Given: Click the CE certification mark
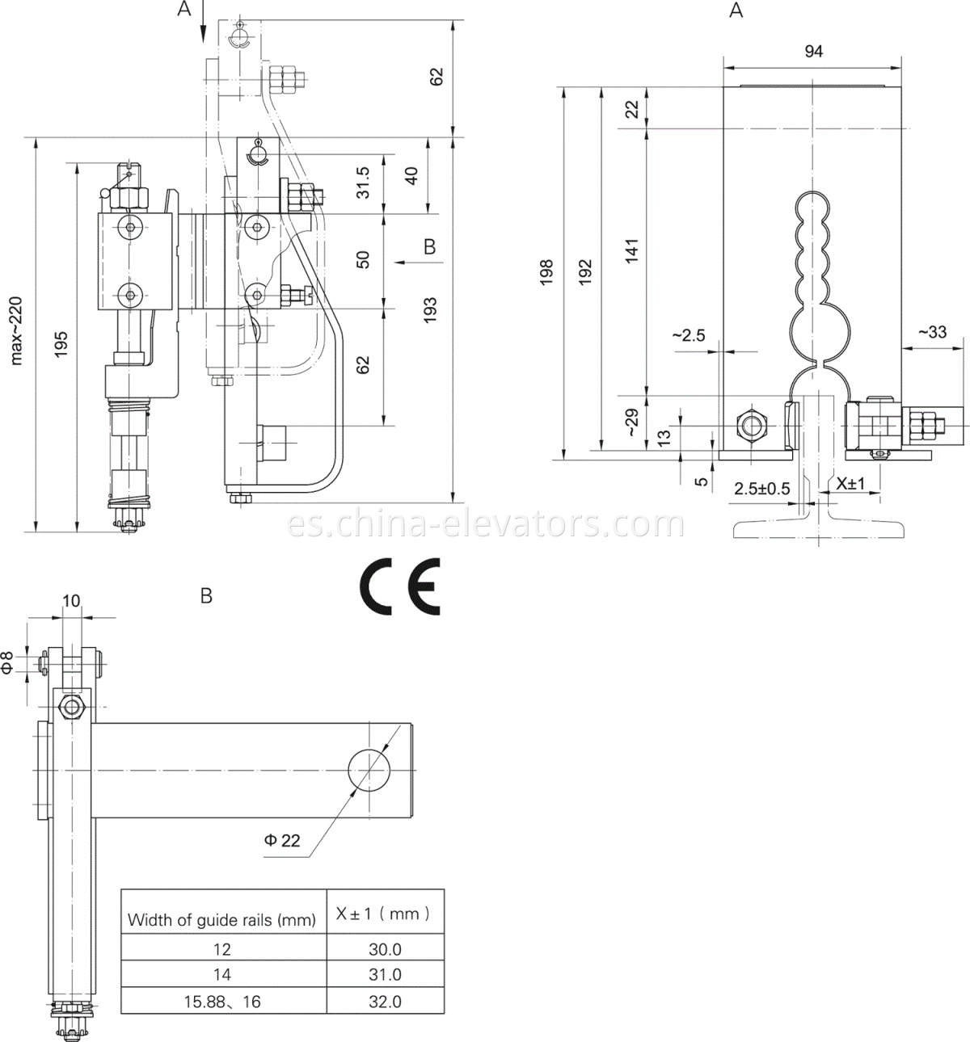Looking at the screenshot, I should pos(400,586).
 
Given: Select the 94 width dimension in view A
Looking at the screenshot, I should pos(813,51).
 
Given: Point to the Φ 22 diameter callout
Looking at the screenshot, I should pos(282,840).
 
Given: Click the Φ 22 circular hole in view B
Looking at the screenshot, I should pos(370,769).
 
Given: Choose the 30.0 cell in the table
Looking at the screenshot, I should pos(385,949).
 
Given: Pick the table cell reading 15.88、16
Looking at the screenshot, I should pos(222,1002).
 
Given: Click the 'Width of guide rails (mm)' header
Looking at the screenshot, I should pos(222,920).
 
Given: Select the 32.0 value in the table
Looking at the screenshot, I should pos(385,1002).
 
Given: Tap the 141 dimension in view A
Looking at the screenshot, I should pos(633,250).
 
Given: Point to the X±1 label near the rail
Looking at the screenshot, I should pos(851,484).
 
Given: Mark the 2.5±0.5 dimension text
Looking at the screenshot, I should pos(761,489).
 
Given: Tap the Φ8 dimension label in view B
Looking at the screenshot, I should pos(7,662).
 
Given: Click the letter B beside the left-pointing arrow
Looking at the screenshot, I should pos(430,246).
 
